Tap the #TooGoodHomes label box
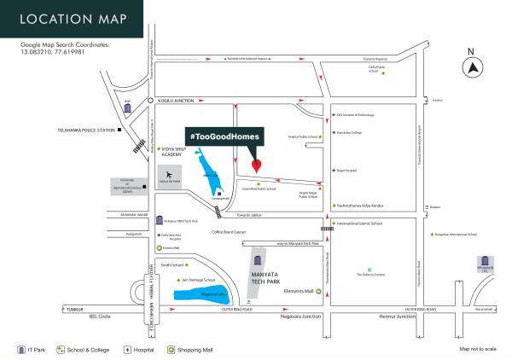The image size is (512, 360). (x=224, y=136)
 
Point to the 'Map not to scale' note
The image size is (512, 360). (x=477, y=349)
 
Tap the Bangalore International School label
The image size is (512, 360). (x=456, y=233)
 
